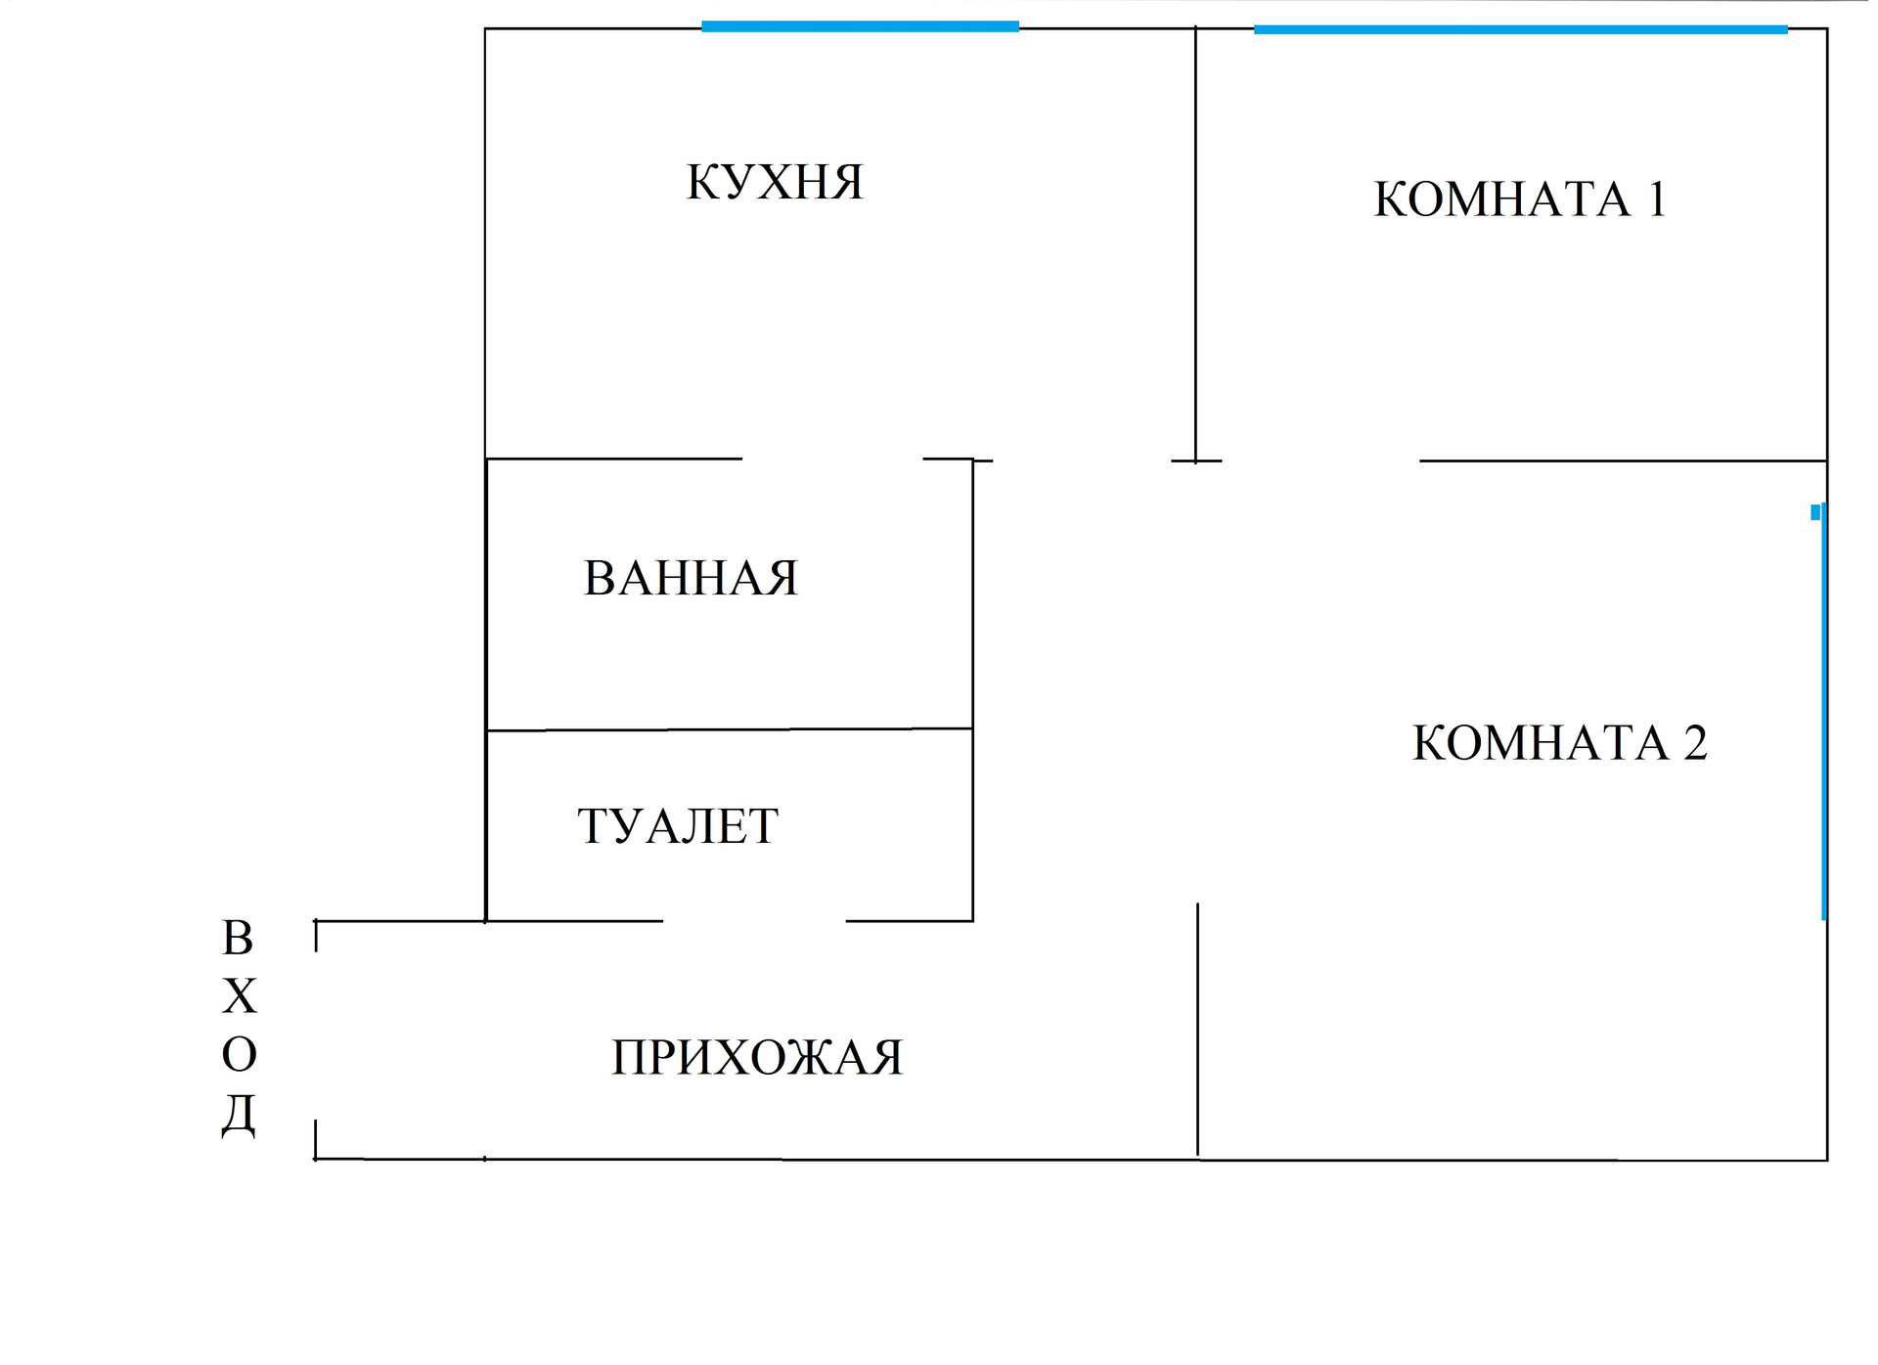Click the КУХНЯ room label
[775, 182]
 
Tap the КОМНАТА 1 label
[1519, 199]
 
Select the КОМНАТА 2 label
[1559, 743]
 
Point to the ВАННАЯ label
[691, 578]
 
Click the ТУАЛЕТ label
[678, 826]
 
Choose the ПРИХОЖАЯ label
[757, 1058]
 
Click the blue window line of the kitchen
[860, 27]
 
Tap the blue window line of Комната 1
[1520, 30]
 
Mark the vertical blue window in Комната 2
[1823, 714]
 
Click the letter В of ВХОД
[238, 939]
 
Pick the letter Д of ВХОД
[238, 1115]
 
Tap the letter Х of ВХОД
[239, 997]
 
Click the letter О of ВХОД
[239, 1055]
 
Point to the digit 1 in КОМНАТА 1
[1657, 199]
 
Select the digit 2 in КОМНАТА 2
[1695, 743]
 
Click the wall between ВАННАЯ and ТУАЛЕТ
[729, 729]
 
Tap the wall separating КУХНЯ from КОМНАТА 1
[1195, 244]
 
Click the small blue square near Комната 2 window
[1815, 512]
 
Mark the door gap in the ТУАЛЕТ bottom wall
[754, 920]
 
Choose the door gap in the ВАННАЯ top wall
[832, 459]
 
